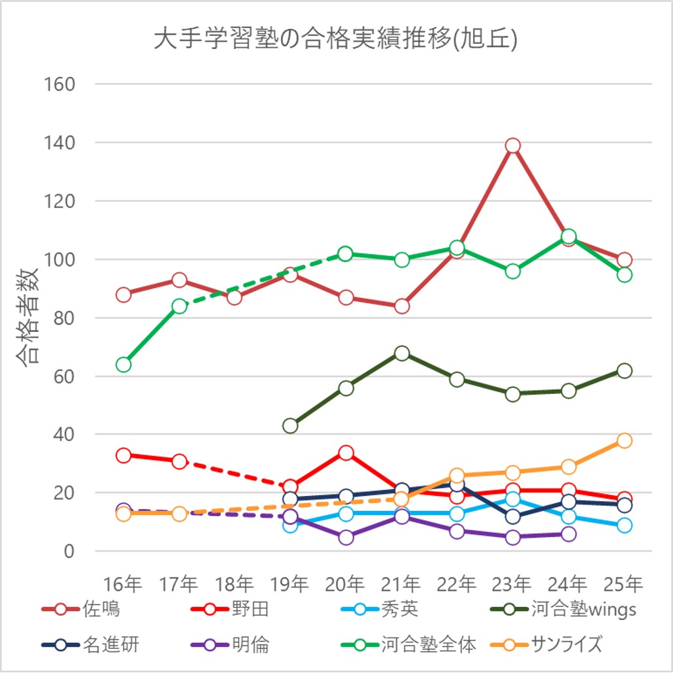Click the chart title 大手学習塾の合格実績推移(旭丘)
point(336,40)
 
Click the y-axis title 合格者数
point(27,318)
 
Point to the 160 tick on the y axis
point(59,84)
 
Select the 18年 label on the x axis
point(235,583)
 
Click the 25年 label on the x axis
point(624,583)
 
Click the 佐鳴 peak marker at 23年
point(513,145)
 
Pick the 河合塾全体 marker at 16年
point(123,364)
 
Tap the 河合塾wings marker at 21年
point(402,353)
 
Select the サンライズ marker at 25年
point(624,440)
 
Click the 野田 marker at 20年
point(346,453)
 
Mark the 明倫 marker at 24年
point(568,534)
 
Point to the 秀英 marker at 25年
point(624,525)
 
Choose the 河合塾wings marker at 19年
point(290,425)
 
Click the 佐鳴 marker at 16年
point(123,295)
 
